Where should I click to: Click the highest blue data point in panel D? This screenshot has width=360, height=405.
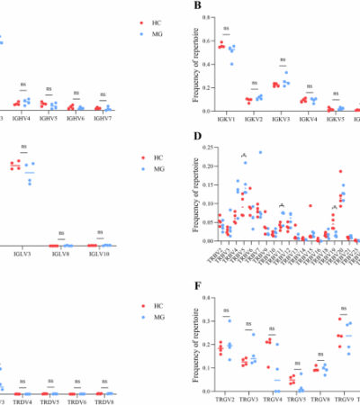click(260, 152)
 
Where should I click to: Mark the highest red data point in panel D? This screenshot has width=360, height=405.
click(340, 171)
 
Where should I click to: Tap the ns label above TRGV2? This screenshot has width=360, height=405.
click(238, 310)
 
